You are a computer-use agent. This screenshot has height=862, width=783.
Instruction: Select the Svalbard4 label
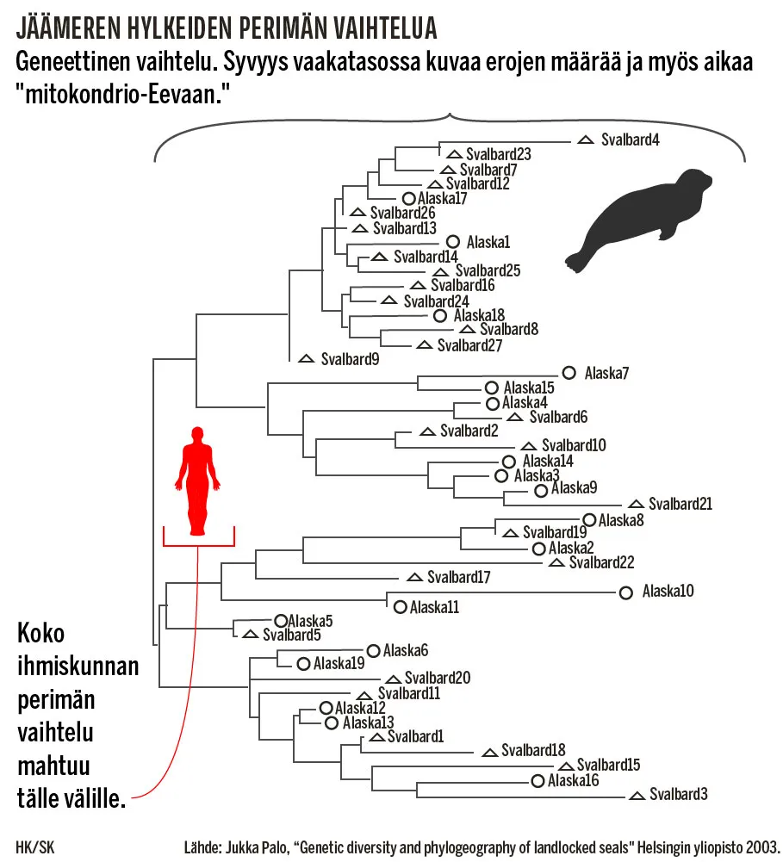coord(631,140)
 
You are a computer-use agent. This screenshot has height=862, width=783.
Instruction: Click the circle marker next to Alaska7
coord(569,372)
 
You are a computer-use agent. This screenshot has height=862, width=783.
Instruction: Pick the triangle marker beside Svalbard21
coord(636,504)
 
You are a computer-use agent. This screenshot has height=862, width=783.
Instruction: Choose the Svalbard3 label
coord(678,794)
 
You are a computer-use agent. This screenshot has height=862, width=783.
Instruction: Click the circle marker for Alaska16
coord(538,781)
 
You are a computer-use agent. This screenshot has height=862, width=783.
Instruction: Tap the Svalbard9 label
coord(350,358)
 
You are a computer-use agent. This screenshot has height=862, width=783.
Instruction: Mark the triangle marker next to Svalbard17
coord(414,576)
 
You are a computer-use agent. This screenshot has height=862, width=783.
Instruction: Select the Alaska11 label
coord(434,607)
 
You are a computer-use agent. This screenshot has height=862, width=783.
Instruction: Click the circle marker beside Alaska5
coord(280,620)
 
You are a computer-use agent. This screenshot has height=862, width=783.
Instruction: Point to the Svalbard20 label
coord(437,678)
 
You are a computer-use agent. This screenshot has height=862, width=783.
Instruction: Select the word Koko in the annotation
coord(41,634)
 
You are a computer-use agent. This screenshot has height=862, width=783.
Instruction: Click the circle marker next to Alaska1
coord(453,242)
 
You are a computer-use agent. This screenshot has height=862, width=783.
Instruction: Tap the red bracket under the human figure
coord(198,544)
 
